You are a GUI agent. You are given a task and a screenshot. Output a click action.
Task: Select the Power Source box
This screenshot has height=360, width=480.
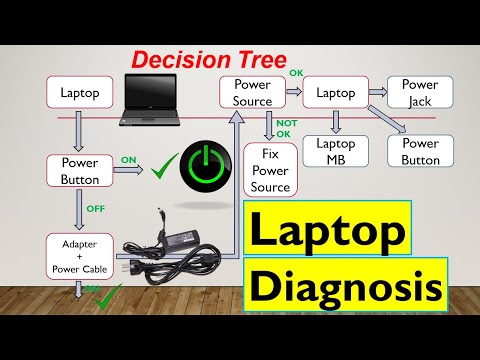click(252, 92)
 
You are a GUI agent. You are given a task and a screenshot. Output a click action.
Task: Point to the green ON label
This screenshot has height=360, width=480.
click(129, 157)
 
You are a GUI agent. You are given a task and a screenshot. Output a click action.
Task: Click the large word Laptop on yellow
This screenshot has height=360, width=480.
click(327, 230)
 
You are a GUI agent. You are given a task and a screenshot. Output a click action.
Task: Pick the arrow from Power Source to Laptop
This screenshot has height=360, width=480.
click(293, 92)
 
